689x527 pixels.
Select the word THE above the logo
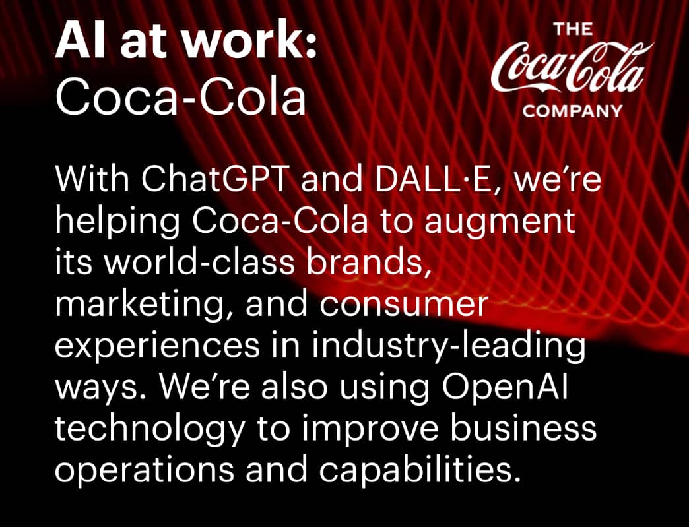[573, 29]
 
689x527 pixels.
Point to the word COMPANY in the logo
[573, 111]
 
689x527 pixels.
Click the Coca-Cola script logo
[572, 69]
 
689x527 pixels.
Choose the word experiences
[158, 345]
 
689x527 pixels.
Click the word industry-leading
[449, 345]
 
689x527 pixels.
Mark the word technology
[149, 428]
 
